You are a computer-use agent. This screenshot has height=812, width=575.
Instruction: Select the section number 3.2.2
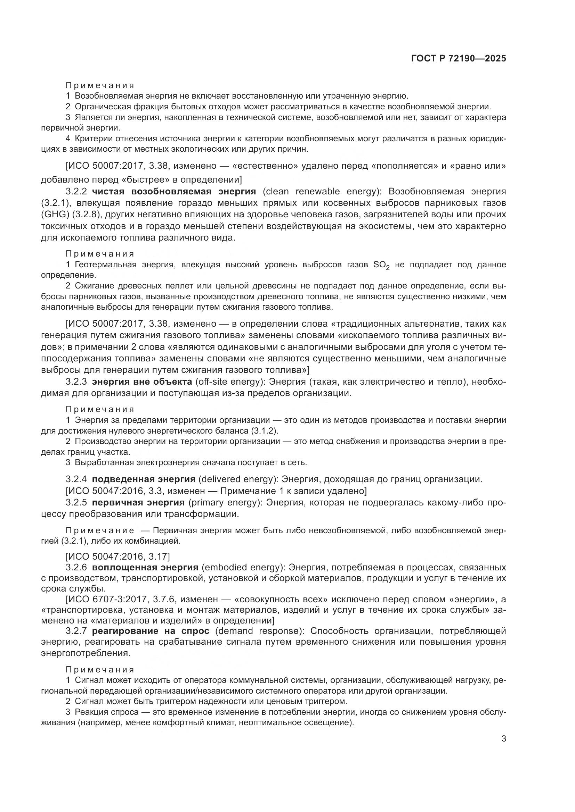[x=76, y=192]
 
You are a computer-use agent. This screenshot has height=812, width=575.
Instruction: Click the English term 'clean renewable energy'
[x=320, y=192]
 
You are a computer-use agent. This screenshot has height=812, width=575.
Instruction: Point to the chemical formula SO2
[x=381, y=265]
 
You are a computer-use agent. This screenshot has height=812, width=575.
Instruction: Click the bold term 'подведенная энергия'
[x=143, y=479]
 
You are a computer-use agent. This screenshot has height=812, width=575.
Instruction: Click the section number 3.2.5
[x=76, y=503]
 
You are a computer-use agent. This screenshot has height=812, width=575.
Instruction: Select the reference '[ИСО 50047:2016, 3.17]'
[x=118, y=556]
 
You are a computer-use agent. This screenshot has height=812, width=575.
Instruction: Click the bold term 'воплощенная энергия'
[x=145, y=568]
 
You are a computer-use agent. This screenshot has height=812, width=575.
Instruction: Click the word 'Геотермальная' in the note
[x=106, y=265]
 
